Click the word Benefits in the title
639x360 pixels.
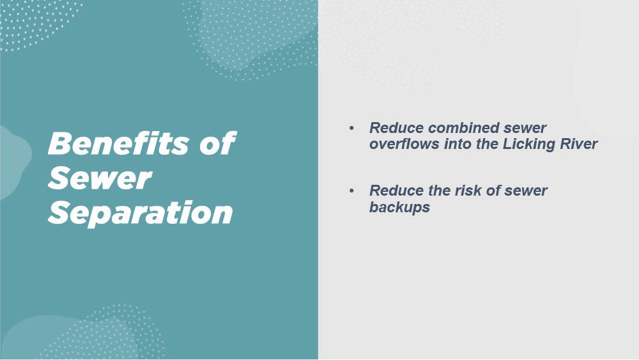pos(119,143)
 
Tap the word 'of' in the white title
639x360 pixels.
pos(218,143)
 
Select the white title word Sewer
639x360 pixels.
pos(100,178)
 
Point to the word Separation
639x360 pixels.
pos(140,213)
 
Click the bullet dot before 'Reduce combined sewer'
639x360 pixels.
pos(351,128)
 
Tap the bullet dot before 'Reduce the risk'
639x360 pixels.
pos(351,191)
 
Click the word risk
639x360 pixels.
pos(470,191)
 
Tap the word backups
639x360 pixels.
pos(399,208)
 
